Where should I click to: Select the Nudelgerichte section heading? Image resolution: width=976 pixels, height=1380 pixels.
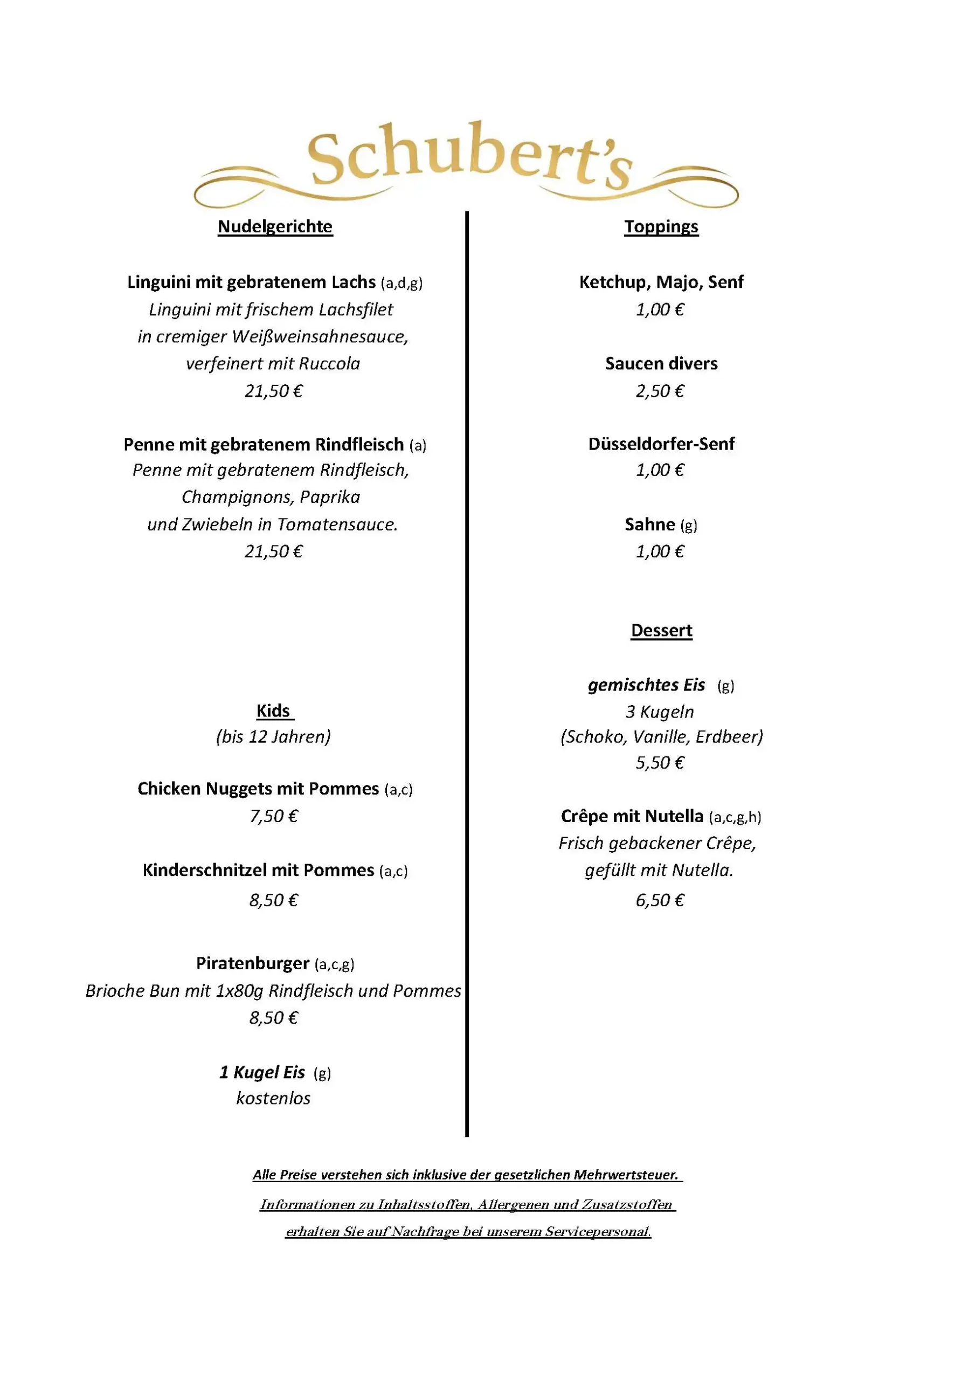tap(275, 226)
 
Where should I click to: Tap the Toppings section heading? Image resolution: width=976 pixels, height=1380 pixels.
tap(661, 226)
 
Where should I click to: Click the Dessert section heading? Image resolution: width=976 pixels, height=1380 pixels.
tap(661, 631)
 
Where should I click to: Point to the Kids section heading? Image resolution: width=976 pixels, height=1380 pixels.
tap(273, 710)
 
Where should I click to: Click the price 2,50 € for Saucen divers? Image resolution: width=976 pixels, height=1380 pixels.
tap(660, 391)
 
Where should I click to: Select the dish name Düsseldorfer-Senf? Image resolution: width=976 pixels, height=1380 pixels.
tap(661, 444)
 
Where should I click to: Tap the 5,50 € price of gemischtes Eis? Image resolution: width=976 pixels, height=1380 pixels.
tap(660, 763)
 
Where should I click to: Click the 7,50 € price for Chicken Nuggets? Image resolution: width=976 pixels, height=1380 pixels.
tap(273, 816)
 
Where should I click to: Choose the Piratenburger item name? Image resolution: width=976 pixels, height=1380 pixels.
tap(252, 963)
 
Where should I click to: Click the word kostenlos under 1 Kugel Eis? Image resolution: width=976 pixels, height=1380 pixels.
tap(273, 1098)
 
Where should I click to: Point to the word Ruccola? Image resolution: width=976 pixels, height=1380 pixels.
tap(329, 364)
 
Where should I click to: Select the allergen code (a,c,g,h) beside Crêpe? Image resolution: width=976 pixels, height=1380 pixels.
tap(735, 817)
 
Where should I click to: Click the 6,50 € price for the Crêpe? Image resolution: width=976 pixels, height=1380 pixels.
tap(660, 900)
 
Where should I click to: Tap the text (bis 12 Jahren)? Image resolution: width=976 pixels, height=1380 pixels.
tap(273, 737)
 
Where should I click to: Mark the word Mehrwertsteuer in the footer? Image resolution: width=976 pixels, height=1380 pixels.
tap(626, 1175)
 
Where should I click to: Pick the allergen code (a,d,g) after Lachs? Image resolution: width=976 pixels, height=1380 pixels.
tap(402, 282)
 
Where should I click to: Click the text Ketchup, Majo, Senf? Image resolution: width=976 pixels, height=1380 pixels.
tap(661, 282)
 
